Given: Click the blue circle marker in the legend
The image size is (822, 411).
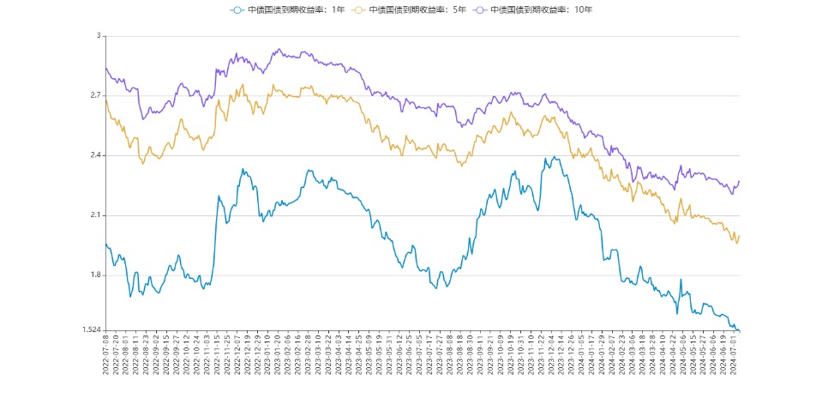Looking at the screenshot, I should (x=237, y=9).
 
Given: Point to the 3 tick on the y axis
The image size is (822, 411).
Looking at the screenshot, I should (x=99, y=36).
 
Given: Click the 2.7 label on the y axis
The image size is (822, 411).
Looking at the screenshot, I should (x=95, y=95).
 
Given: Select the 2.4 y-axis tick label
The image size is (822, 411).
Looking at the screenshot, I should (x=95, y=155).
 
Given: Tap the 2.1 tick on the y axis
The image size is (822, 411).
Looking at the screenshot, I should (x=95, y=215).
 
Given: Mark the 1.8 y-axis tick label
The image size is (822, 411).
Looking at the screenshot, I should (x=95, y=275).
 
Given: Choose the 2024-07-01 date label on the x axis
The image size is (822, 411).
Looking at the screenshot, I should (x=735, y=354).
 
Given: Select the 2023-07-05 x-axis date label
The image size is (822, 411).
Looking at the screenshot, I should (x=418, y=354).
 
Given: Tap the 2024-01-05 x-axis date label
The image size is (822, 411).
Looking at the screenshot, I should (x=580, y=354).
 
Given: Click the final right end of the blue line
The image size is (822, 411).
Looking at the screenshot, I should (x=739, y=330).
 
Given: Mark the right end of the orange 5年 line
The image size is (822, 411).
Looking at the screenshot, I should (x=739, y=236).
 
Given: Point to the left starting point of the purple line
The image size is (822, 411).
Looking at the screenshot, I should (x=105, y=68).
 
